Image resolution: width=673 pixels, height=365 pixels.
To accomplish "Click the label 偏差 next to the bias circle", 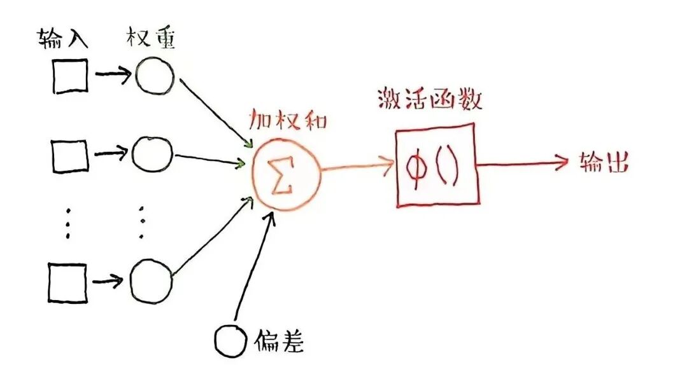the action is pyautogui.click(x=279, y=343).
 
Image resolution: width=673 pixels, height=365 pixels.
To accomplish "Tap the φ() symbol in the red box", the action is pyautogui.click(x=434, y=167).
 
